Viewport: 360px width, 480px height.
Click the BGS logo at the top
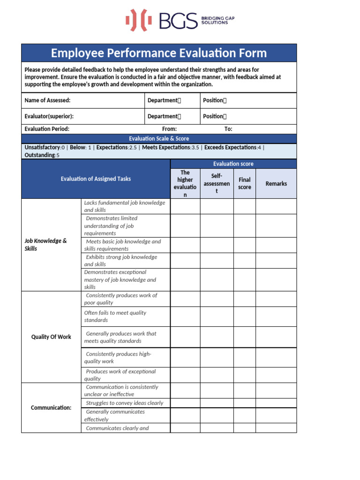click(x=180, y=20)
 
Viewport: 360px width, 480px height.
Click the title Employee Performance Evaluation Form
click(x=159, y=53)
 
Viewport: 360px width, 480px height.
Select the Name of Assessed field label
click(x=47, y=100)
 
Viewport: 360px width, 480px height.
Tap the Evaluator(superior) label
click(x=49, y=116)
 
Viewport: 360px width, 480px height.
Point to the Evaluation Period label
click(x=47, y=129)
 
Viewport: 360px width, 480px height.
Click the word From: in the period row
click(x=169, y=129)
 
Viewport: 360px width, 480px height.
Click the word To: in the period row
click(x=228, y=129)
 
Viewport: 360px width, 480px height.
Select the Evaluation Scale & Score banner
click(x=159, y=139)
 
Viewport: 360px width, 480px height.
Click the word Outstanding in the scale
click(x=40, y=155)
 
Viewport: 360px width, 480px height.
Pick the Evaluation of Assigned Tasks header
click(x=96, y=179)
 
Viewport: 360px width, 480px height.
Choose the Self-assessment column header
click(x=217, y=183)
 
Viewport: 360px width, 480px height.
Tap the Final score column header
click(x=244, y=183)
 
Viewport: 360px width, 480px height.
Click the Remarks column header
click(x=276, y=184)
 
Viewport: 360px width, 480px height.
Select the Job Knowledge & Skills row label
click(x=45, y=245)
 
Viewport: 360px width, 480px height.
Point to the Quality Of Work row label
click(x=51, y=337)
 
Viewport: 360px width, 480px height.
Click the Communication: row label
click(x=51, y=408)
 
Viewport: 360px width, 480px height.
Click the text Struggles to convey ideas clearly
click(x=125, y=403)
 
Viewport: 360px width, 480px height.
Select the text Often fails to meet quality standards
click(x=115, y=316)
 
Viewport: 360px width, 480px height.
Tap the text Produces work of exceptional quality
click(x=120, y=375)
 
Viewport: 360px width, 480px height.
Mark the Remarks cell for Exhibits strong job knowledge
click(x=276, y=261)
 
